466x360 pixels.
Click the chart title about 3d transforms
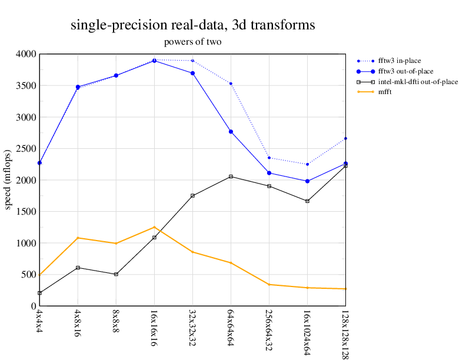click(x=193, y=25)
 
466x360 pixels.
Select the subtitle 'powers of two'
click(x=193, y=42)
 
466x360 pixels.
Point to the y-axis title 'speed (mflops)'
click(x=8, y=180)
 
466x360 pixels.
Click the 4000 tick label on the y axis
click(x=26, y=54)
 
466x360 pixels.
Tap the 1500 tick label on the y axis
click(x=26, y=212)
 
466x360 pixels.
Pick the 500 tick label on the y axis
click(x=28, y=275)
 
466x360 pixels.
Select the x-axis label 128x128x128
click(x=345, y=332)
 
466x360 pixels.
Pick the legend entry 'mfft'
click(x=386, y=92)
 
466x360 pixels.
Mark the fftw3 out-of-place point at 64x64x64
click(x=231, y=132)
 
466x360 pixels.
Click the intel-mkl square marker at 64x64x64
click(x=231, y=176)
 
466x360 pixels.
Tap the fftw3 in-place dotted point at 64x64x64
click(x=231, y=84)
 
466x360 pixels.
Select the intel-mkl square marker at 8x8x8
click(x=116, y=274)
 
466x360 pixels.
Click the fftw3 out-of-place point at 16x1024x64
click(x=308, y=181)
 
